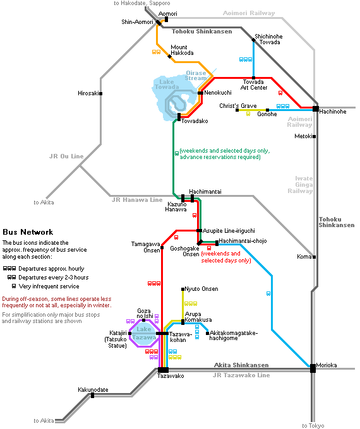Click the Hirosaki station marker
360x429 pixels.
(x=101, y=93)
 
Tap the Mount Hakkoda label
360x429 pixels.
(x=182, y=50)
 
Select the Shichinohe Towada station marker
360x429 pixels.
(x=254, y=40)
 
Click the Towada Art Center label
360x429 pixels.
(x=254, y=85)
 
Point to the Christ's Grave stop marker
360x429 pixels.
(x=237, y=110)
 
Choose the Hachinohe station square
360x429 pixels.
(x=316, y=109)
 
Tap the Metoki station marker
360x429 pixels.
(x=315, y=136)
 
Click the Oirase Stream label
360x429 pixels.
(x=196, y=76)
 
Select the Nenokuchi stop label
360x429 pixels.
(x=218, y=93)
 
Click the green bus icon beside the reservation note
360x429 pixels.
(x=177, y=154)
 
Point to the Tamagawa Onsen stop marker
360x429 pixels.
(x=162, y=247)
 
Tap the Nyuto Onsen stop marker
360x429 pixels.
(x=183, y=289)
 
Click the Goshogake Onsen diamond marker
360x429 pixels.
(x=200, y=242)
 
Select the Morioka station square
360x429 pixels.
(x=313, y=368)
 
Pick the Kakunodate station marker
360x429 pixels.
(x=93, y=396)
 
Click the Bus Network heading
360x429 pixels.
(x=28, y=232)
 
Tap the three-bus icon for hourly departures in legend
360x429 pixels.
(x=9, y=268)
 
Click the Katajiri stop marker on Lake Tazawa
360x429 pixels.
(x=130, y=333)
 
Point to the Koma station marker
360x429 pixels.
(x=315, y=257)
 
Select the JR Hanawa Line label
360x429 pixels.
(x=137, y=200)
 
